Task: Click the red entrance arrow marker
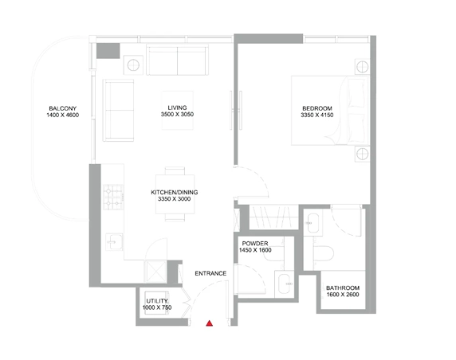click(x=209, y=323)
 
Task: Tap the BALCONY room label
click(x=62, y=108)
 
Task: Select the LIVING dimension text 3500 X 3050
click(x=177, y=115)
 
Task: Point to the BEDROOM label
click(x=317, y=108)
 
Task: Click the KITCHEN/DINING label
click(x=175, y=192)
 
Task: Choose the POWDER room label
click(x=255, y=244)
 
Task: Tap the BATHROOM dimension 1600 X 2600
click(x=343, y=295)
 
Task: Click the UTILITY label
click(x=157, y=301)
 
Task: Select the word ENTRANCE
click(x=210, y=273)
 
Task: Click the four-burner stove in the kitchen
click(x=113, y=197)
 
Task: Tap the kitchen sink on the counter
click(x=114, y=241)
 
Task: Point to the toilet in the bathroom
click(x=323, y=253)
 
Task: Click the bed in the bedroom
click(x=330, y=111)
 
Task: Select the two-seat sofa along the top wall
click(x=178, y=60)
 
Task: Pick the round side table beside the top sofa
click(x=133, y=65)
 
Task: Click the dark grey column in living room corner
click(x=108, y=51)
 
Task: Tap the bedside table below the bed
click(x=363, y=154)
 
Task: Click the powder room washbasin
click(x=284, y=284)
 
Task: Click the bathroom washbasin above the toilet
click(x=313, y=223)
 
